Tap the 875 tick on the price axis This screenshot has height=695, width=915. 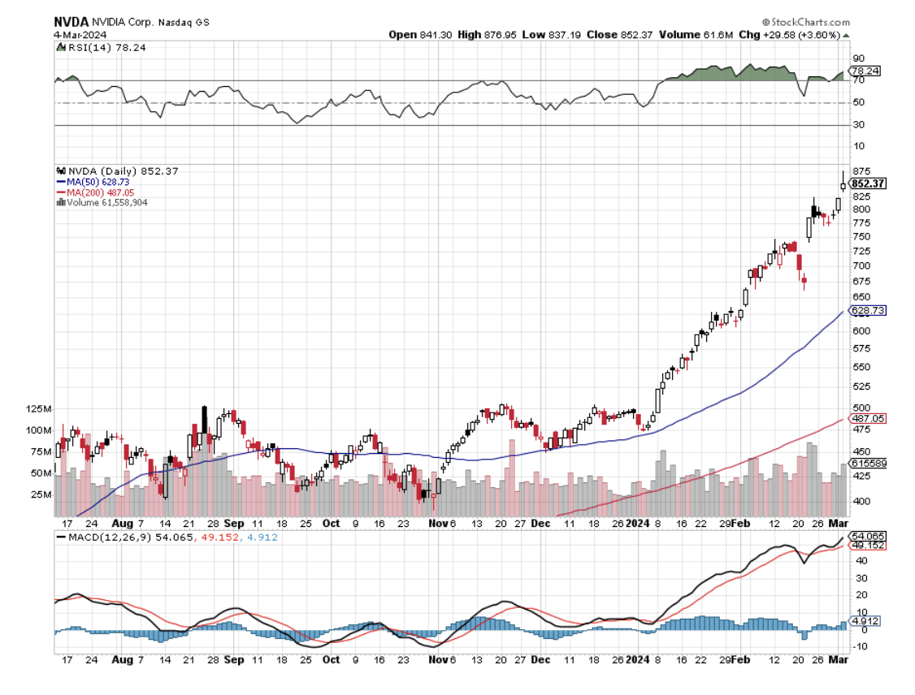[x=861, y=171]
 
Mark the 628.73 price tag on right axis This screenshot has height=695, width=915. [x=867, y=311]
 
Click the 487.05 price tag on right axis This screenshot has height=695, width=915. [x=867, y=418]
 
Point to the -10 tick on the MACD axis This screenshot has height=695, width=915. [x=859, y=647]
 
